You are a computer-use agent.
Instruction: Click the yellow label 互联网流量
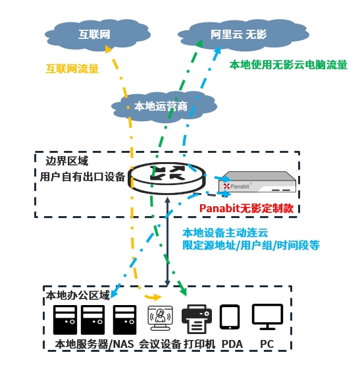(x=72, y=68)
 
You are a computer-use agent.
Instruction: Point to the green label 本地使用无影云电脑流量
(x=288, y=65)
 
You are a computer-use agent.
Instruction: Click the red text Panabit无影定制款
(x=246, y=208)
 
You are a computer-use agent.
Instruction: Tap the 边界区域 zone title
(x=66, y=160)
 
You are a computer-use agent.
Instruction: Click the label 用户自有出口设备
(x=82, y=177)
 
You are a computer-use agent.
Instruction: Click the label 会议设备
(x=159, y=345)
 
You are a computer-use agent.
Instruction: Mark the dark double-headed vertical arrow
(x=167, y=242)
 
